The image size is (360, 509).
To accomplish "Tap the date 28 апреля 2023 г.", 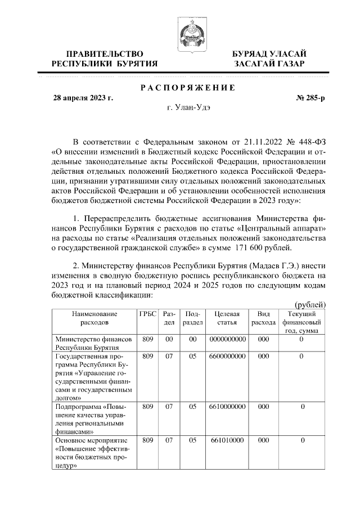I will pos(83,98).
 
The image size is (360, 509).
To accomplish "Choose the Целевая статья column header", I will pos(227,318).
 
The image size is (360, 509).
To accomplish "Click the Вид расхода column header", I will pos(263,318).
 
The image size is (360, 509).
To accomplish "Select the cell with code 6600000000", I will pos(227,356).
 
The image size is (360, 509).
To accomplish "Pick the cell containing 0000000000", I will pos(227,339).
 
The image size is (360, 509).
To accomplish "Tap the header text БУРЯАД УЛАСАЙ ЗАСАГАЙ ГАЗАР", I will pos(269,58).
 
